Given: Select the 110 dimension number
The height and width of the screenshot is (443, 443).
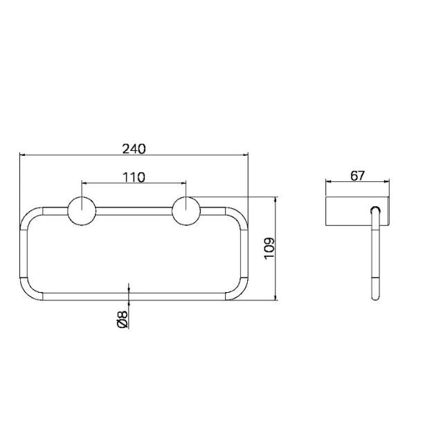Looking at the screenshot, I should (x=134, y=177).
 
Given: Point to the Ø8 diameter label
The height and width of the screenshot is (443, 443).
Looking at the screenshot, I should (x=122, y=319).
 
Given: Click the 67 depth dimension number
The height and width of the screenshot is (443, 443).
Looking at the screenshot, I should (x=357, y=175).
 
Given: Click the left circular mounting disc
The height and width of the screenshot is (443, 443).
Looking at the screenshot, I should (x=82, y=211).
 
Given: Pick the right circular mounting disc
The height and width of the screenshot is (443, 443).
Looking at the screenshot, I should (x=186, y=211).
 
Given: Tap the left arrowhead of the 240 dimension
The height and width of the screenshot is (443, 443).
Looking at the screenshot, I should (x=24, y=155).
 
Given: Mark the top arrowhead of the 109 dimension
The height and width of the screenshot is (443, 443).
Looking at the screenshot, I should (x=276, y=200).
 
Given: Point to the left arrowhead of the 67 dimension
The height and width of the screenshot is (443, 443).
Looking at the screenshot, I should (x=328, y=183).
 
